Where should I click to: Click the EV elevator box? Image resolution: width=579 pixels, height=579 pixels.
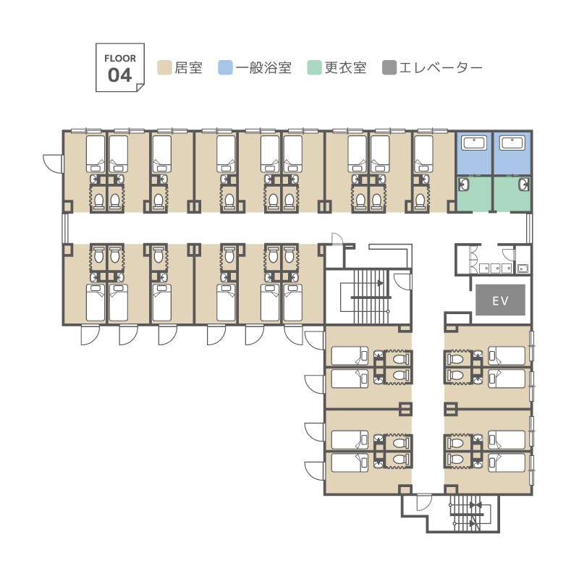click(500, 300)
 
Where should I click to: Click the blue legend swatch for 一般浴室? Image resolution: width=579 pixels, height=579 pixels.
click(225, 69)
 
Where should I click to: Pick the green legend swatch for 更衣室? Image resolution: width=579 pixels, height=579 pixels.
click(314, 69)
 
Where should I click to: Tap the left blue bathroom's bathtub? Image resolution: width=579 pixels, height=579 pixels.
click(475, 143)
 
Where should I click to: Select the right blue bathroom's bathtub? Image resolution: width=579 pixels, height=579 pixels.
click(515, 143)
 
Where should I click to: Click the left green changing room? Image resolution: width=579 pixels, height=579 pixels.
click(474, 193)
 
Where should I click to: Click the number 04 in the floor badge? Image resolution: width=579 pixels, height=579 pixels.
click(120, 75)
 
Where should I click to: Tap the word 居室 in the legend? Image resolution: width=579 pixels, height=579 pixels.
click(189, 69)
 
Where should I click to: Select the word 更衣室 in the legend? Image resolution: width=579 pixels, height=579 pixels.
click(345, 69)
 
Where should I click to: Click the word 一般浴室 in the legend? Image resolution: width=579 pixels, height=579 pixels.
click(263, 69)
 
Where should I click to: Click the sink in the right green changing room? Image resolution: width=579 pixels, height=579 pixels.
click(523, 184)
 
